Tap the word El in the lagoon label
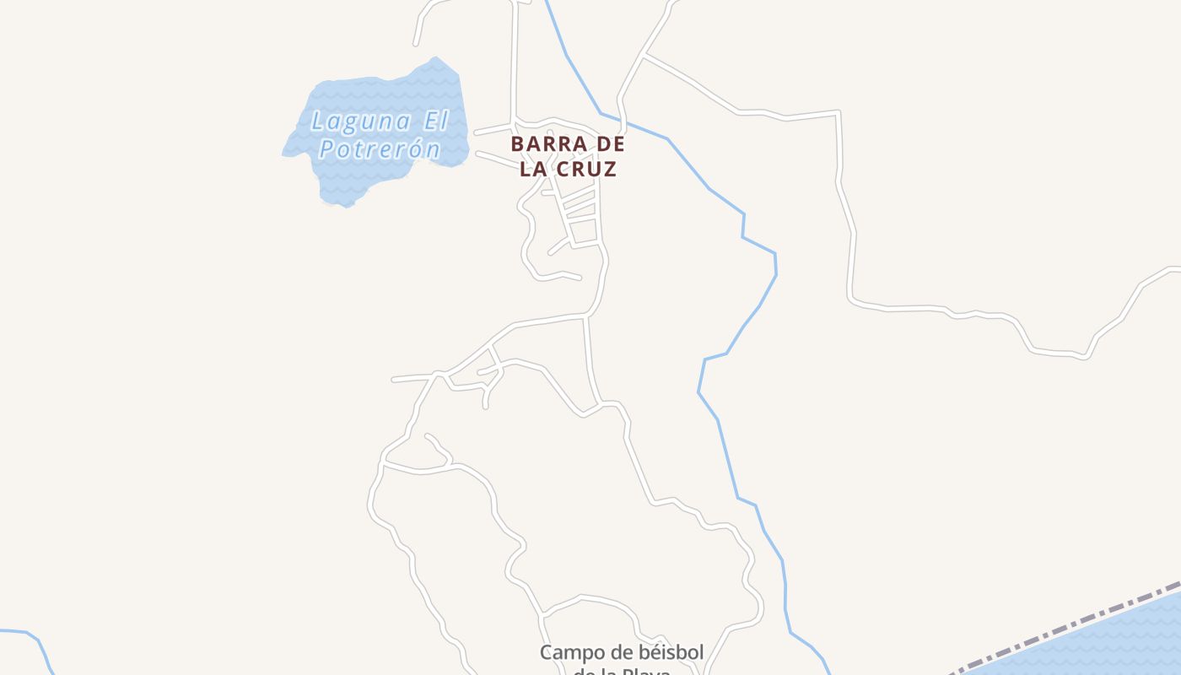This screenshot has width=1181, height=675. pyautogui.click(x=435, y=121)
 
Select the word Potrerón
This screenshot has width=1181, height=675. pyautogui.click(x=380, y=149)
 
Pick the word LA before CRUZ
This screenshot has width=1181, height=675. pyautogui.click(x=532, y=169)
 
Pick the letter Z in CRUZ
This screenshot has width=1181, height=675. pyautogui.click(x=610, y=169)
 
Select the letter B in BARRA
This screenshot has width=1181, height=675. pyautogui.click(x=517, y=144)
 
